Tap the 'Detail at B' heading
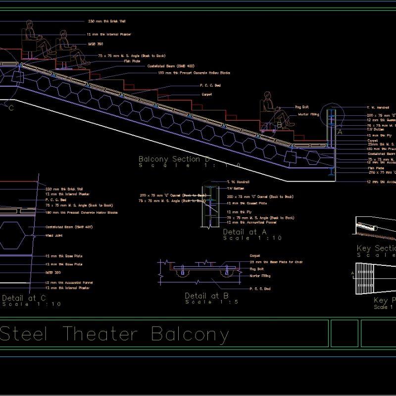[206, 296]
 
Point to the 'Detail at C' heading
[24, 298]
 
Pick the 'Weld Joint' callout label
[54, 236]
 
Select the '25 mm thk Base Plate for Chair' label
[276, 262]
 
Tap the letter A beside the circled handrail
[340, 133]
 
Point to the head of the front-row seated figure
[267, 96]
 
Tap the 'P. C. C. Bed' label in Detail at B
[260, 289]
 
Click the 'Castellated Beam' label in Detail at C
[65, 227]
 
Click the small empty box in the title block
[344, 333]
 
